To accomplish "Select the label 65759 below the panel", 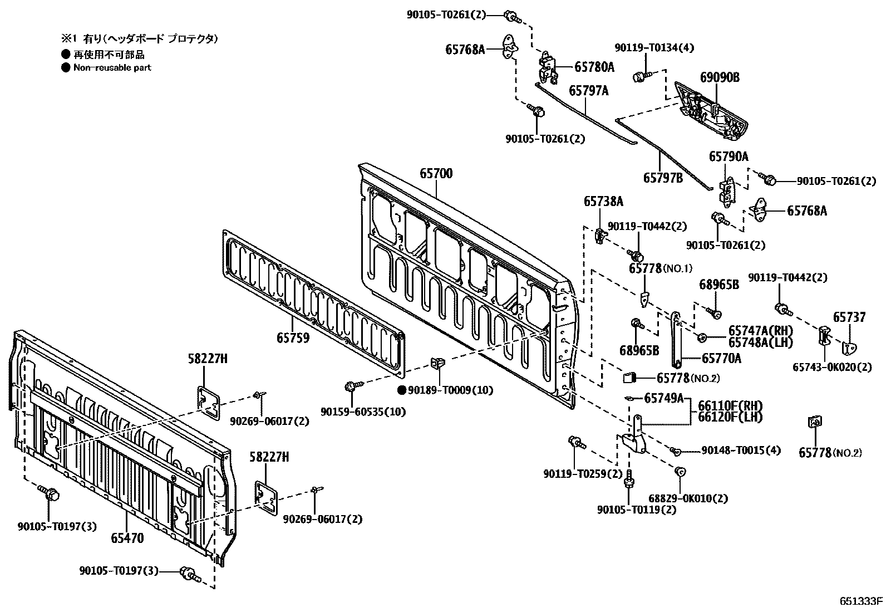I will click(293, 337).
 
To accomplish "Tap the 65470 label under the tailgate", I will click(127, 538).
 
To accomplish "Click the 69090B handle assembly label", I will click(720, 77).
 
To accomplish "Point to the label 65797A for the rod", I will click(588, 90).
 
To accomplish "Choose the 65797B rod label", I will click(663, 178).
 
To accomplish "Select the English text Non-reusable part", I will click(112, 67).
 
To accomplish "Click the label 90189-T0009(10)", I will click(450, 390).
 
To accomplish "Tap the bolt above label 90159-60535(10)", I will click(351, 385).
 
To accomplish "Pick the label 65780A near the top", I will click(594, 67).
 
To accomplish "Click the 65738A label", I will click(603, 201).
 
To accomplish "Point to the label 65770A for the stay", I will click(721, 359).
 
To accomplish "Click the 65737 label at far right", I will click(849, 317).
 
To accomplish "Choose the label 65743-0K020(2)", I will click(832, 368).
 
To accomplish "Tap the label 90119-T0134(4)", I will click(654, 48).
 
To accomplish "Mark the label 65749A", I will click(663, 398).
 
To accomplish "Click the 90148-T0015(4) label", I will click(740, 450).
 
